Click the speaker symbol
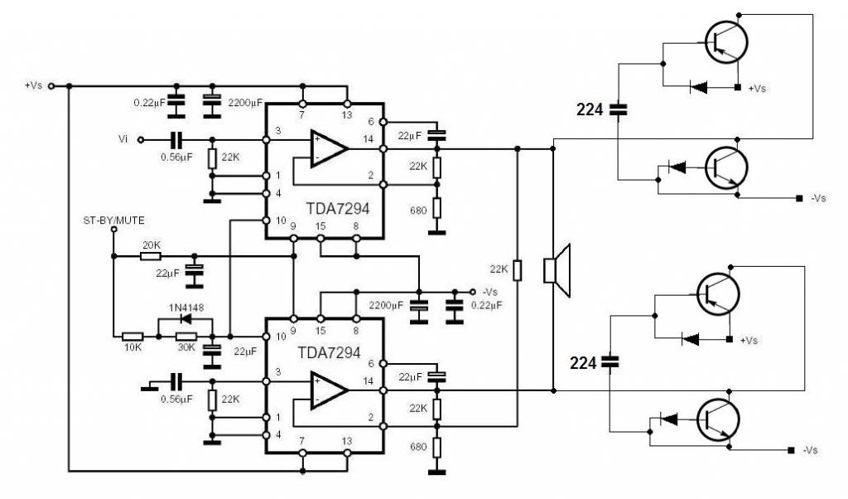pyautogui.click(x=557, y=270)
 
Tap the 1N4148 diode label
pyautogui.click(x=186, y=308)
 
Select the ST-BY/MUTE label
pyautogui.click(x=113, y=220)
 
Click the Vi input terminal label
pyautogui.click(x=123, y=139)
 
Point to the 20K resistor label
pyautogui.click(x=152, y=245)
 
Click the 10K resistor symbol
pyautogui.click(x=132, y=336)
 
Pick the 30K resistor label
pyautogui.click(x=186, y=347)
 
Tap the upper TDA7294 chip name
pyautogui.click(x=338, y=209)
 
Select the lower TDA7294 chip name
pyautogui.click(x=329, y=353)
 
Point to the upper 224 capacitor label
pyautogui.click(x=590, y=110)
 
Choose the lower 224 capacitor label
pyautogui.click(x=583, y=362)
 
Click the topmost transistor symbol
pyautogui.click(x=726, y=42)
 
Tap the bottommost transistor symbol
pyautogui.click(x=718, y=419)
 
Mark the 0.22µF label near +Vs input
pyautogui.click(x=149, y=102)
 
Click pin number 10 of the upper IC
pyautogui.click(x=281, y=220)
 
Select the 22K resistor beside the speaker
pyautogui.click(x=517, y=270)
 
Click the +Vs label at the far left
pyautogui.click(x=33, y=85)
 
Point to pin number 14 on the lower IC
pyautogui.click(x=369, y=381)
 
